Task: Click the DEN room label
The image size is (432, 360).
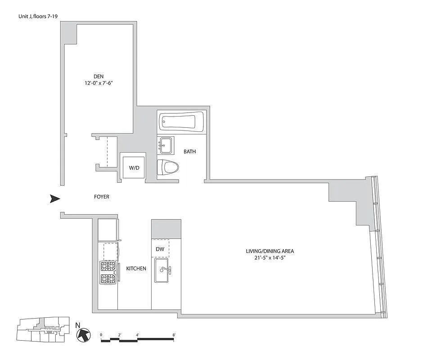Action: coord(99,76)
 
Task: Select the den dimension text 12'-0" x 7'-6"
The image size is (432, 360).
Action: coord(99,83)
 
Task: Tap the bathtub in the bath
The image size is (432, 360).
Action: coord(182,121)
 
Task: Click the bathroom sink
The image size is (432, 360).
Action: coord(166,145)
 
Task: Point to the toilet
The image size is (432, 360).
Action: coord(168,168)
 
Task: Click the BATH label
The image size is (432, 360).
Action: coord(189,152)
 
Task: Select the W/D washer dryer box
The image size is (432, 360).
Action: coord(134,168)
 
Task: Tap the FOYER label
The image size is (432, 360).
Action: coord(101,197)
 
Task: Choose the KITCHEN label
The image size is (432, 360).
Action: coord(136,269)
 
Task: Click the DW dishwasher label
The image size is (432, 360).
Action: coord(160,249)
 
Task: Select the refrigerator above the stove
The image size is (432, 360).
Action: coord(108,230)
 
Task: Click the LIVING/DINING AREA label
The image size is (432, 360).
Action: coord(270,251)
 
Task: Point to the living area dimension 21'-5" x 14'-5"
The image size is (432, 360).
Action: coord(270,258)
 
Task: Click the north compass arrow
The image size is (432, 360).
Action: coord(82,334)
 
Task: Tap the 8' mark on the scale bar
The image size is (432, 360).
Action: coord(174,335)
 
